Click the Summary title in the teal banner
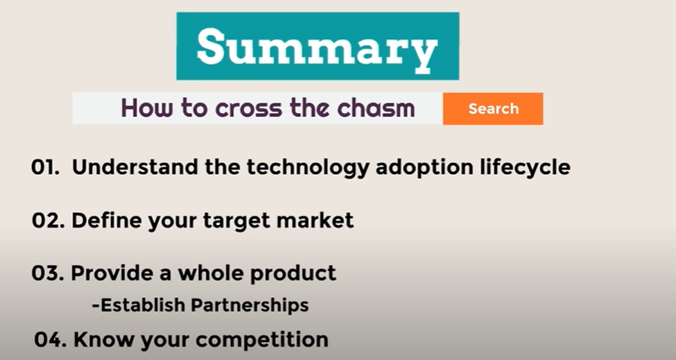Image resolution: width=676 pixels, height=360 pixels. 317,47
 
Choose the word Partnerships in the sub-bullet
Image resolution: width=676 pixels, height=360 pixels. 251,305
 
